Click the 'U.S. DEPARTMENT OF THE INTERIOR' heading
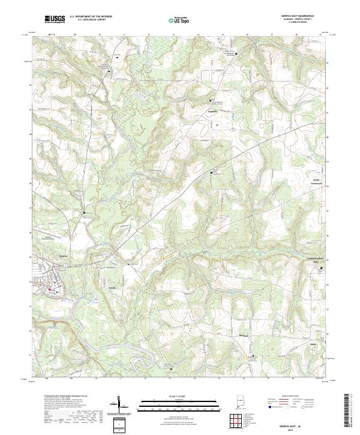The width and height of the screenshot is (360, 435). tap(91, 17)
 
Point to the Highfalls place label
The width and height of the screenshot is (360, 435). tap(212, 111)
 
